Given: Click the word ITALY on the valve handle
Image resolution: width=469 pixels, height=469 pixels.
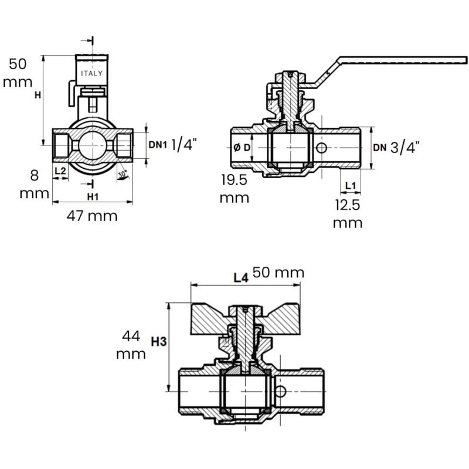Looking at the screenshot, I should tap(91, 73).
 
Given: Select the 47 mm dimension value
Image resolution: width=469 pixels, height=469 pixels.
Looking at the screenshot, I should tap(92, 216).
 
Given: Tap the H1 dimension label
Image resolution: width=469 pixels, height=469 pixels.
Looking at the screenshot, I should tap(92, 195).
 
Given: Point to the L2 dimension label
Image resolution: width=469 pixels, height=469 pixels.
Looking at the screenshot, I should tap(60, 171).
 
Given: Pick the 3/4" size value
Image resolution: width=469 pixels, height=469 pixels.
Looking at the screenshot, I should tap(405, 147).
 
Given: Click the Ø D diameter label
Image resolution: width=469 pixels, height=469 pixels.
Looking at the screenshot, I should tap(243, 147).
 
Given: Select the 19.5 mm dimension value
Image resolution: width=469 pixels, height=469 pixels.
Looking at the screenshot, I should tap(235, 188).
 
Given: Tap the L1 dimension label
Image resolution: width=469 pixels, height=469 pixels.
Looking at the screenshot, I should tap(351, 185).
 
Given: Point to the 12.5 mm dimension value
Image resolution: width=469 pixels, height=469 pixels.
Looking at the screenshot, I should tap(348, 213).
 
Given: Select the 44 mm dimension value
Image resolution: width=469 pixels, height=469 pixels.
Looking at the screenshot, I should tap(131, 345).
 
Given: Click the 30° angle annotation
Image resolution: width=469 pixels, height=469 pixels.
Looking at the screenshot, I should tap(122, 174).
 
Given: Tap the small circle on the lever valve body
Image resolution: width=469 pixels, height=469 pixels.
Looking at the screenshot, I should tap(321, 148).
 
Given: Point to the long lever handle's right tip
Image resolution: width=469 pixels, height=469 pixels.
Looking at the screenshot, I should tap(465, 60).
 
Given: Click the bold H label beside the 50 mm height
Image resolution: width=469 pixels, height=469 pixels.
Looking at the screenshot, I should tap(37, 96).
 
